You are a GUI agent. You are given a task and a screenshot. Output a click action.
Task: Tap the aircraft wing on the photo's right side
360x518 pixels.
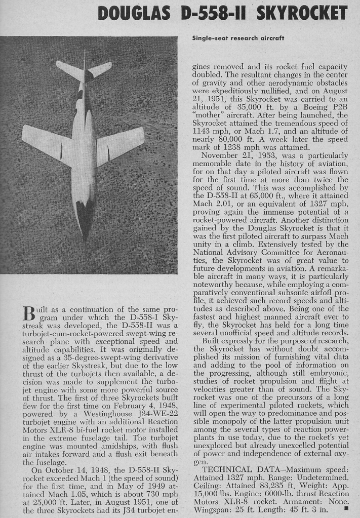pos(121,144)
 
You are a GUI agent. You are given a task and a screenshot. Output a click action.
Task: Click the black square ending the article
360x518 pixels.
pos(346,507)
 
